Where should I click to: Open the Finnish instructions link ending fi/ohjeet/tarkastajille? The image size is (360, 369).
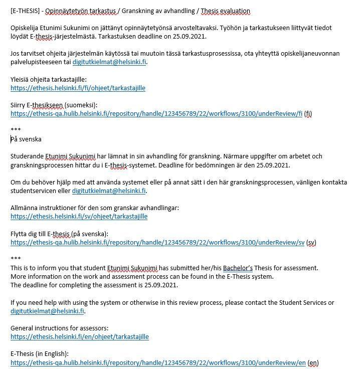pyautogui.click(x=78, y=88)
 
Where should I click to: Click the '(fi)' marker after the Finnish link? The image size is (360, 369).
pyautogui.click(x=308, y=113)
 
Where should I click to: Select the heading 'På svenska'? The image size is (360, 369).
pyautogui.click(x=26, y=139)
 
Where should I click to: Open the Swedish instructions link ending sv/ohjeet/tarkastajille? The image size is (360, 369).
pyautogui.click(x=79, y=217)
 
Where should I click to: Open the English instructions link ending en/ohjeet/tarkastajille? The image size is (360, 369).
pyautogui.click(x=79, y=336)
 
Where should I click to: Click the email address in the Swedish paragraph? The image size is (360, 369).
pyautogui.click(x=109, y=191)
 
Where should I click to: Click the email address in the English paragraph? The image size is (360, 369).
pyautogui.click(x=47, y=311)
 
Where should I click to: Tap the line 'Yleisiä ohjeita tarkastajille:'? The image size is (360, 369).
pyautogui.click(x=48, y=79)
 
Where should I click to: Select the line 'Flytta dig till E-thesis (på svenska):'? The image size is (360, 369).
pyautogui.click(x=59, y=234)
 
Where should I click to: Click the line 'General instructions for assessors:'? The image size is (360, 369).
pyautogui.click(x=59, y=328)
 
